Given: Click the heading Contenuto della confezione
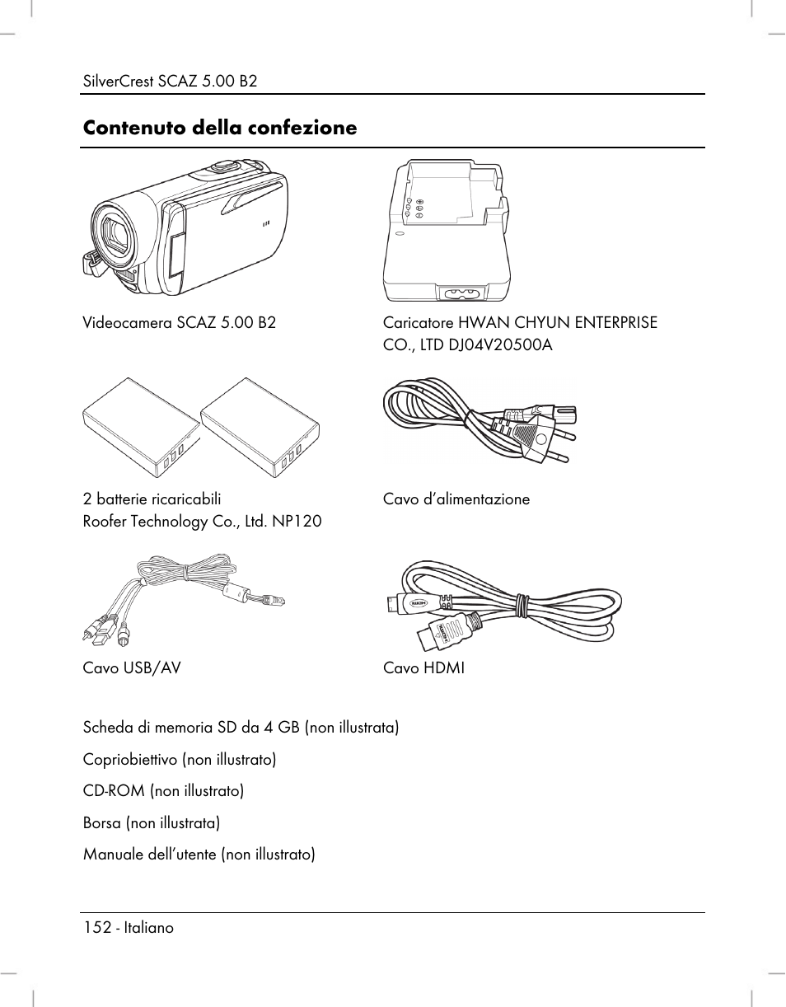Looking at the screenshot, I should click(x=219, y=128).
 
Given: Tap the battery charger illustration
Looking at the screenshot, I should click(x=446, y=231).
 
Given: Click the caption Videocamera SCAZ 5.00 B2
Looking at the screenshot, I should click(x=179, y=322).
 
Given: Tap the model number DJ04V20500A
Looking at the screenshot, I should click(x=499, y=344).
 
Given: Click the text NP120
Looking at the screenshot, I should click(x=298, y=522).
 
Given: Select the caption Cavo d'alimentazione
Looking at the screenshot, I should click(x=456, y=499).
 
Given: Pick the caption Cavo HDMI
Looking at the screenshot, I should click(x=423, y=667).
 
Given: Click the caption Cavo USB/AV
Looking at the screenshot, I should click(x=131, y=667).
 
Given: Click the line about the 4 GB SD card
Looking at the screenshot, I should click(x=241, y=728).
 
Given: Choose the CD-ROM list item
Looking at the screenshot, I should click(x=163, y=791).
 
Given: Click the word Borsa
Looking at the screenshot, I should click(x=101, y=822).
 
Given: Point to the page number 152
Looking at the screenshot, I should click(x=96, y=927).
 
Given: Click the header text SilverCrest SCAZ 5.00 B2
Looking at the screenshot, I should click(x=170, y=81).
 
